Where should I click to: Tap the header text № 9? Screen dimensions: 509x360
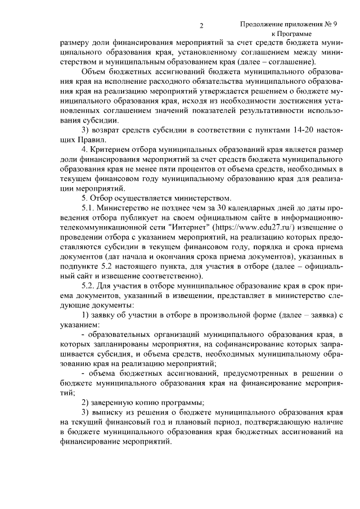point(331,24)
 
